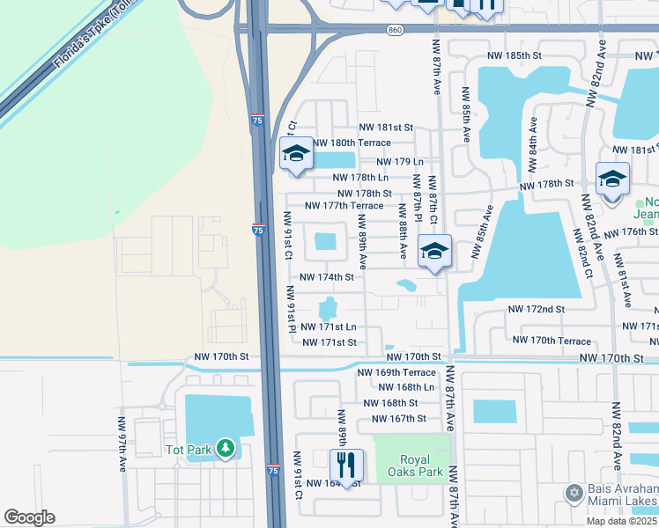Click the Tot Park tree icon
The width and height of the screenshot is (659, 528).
pyautogui.click(x=226, y=450)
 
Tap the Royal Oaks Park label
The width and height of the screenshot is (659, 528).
pyautogui.click(x=408, y=465)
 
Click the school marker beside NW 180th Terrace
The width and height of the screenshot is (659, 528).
pyautogui.click(x=296, y=155)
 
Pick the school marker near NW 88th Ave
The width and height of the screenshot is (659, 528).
pyautogui.click(x=434, y=252)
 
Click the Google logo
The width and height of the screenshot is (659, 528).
pyautogui.click(x=29, y=517)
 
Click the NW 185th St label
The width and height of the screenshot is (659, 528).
pyautogui.click(x=515, y=55)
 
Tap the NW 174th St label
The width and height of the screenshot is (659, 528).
pyautogui.click(x=327, y=276)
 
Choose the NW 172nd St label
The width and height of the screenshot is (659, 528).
pyautogui.click(x=536, y=310)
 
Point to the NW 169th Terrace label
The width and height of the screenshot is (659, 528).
pyautogui.click(x=396, y=372)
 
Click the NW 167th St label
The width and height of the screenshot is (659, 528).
pyautogui.click(x=398, y=418)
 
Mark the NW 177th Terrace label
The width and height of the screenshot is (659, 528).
pyautogui.click(x=344, y=206)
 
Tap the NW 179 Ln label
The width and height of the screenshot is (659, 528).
pyautogui.click(x=400, y=162)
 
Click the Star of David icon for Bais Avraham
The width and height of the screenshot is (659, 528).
pyautogui.click(x=574, y=491)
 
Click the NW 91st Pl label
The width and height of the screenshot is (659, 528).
pyautogui.click(x=291, y=310)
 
